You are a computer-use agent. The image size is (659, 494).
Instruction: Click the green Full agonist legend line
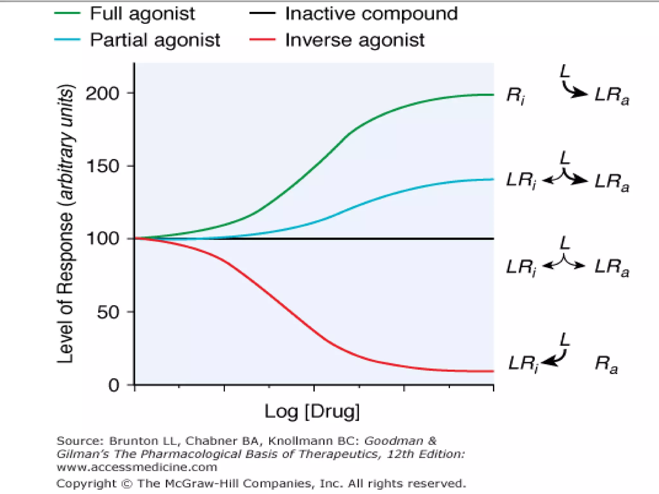click(x=67, y=13)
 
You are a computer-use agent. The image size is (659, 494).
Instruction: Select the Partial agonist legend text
click(x=155, y=40)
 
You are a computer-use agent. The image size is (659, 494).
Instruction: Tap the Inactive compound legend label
click(x=371, y=14)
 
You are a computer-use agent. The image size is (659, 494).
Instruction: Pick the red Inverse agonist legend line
click(x=262, y=40)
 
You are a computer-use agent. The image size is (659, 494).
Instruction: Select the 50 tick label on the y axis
click(x=108, y=312)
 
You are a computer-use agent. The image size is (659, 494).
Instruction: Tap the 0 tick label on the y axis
click(x=114, y=385)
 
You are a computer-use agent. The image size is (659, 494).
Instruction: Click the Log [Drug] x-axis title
click(x=312, y=411)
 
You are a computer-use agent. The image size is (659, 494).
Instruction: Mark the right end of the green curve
click(x=492, y=95)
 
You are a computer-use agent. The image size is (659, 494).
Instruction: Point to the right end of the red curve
click(x=492, y=371)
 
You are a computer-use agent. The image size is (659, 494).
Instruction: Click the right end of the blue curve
click(x=492, y=179)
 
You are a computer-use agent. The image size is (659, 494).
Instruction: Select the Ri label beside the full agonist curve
click(x=515, y=96)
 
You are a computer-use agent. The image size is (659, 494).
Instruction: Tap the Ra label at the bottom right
click(x=606, y=364)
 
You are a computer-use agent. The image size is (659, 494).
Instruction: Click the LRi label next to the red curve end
click(x=523, y=364)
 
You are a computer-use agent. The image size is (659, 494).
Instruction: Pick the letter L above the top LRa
click(x=565, y=71)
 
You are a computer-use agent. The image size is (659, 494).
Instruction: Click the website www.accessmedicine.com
click(x=137, y=467)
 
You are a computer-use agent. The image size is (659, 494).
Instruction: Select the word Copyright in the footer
click(x=86, y=483)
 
